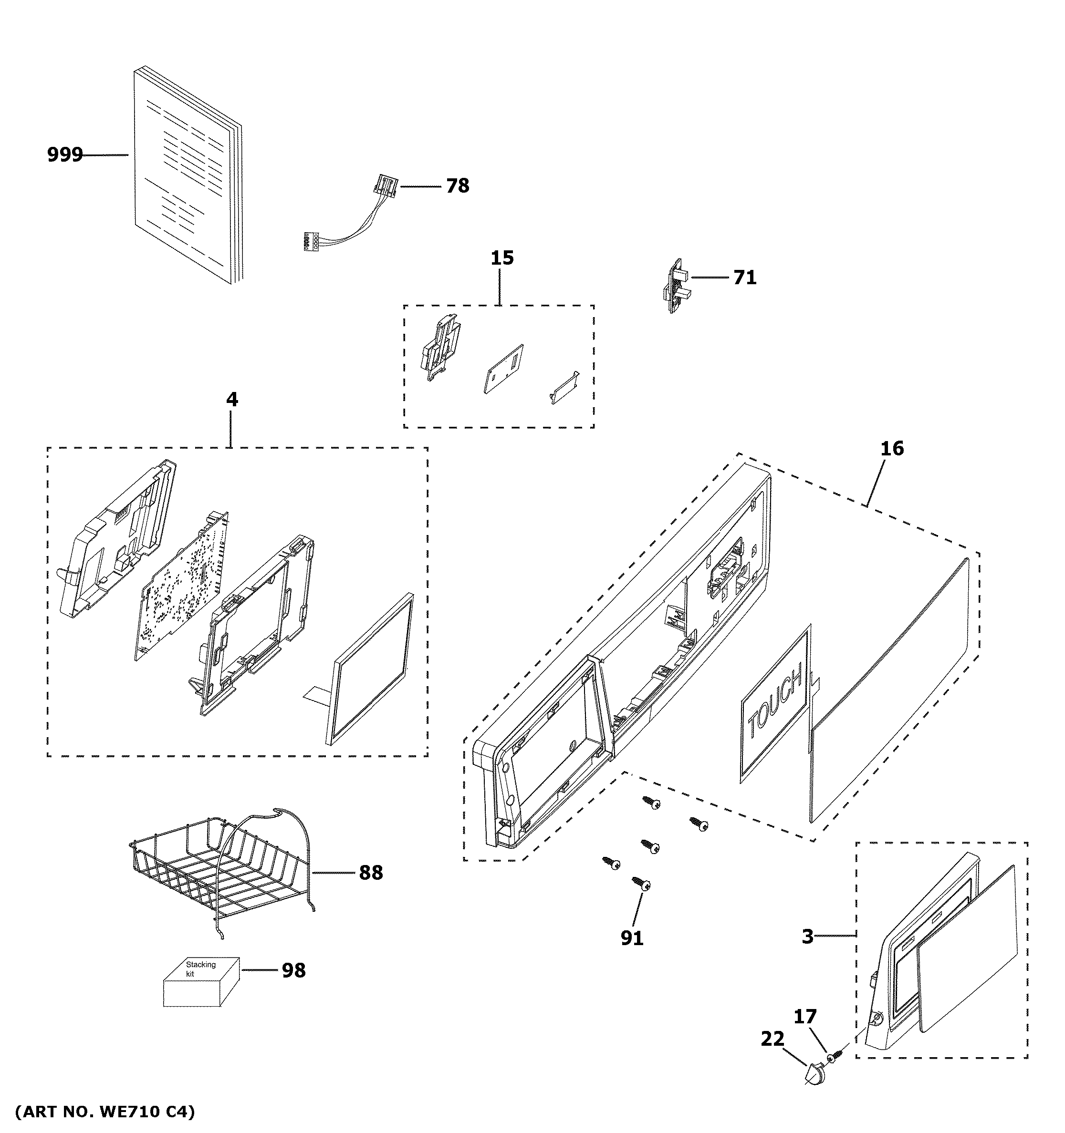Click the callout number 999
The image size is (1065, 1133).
(x=64, y=154)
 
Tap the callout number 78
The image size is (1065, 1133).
(x=457, y=186)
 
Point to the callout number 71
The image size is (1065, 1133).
(x=744, y=278)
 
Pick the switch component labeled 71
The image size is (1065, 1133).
(x=676, y=286)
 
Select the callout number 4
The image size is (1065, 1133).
(x=231, y=400)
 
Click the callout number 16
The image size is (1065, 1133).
(x=892, y=449)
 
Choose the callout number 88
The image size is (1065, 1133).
(x=371, y=873)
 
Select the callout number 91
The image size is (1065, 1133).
(x=632, y=938)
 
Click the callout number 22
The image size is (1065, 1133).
(x=773, y=1039)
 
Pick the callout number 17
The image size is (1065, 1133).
(x=805, y=1016)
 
